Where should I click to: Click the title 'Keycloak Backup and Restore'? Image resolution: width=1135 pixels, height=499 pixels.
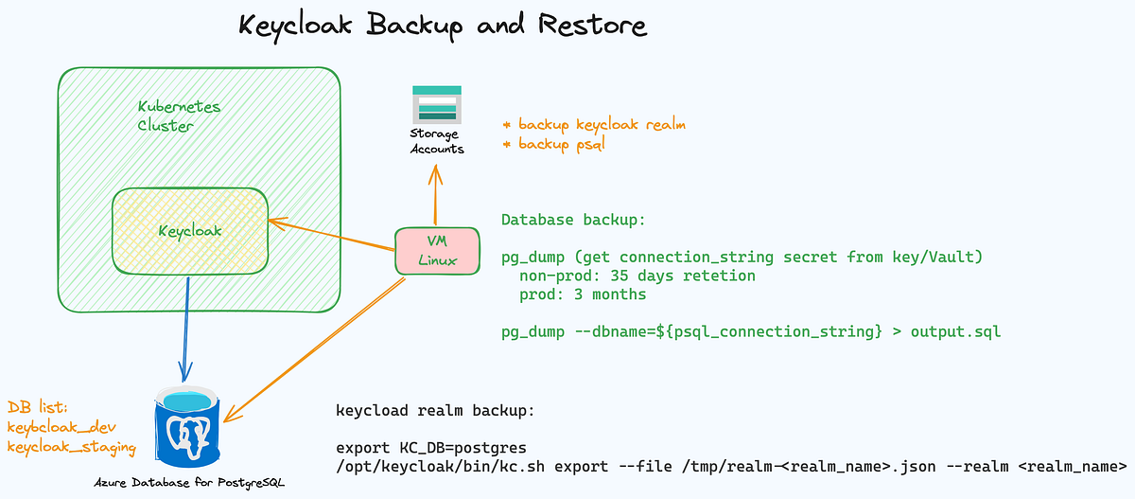pos(443,26)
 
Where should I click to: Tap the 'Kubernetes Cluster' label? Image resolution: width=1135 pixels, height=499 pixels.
pos(179,116)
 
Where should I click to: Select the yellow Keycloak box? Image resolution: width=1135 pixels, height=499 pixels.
pos(189,230)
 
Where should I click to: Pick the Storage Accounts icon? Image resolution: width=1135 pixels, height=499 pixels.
pos(436,103)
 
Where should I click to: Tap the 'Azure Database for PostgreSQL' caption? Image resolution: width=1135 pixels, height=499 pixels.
pos(189,484)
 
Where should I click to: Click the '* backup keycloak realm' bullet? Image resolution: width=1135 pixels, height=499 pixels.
pos(594,124)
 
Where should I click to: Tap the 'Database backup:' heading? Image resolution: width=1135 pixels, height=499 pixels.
pos(573,220)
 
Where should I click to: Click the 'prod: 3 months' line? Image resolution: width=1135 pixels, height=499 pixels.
pos(583,294)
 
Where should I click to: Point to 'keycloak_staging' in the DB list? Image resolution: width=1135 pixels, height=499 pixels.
pos(72,447)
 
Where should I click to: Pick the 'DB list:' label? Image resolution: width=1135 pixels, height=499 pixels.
pos(39,407)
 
